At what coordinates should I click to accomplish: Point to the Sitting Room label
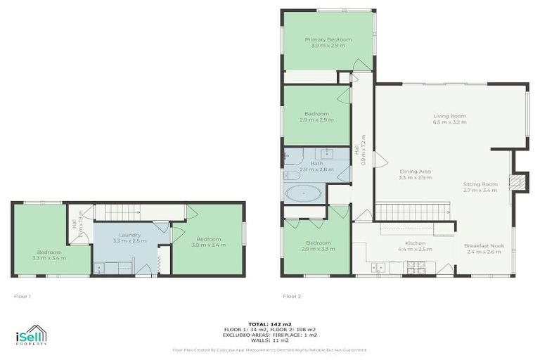480,186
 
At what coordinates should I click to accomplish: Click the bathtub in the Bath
304,193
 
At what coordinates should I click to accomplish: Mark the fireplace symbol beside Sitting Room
517,181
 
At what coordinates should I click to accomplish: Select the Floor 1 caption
22,296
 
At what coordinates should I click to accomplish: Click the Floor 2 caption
291,296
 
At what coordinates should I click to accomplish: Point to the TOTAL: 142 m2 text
270,323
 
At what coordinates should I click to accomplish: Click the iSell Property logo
31,335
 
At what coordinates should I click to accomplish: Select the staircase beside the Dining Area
412,210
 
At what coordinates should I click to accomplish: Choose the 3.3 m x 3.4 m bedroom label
49,255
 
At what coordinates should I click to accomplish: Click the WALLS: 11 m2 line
270,340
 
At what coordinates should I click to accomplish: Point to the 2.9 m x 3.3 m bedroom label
318,246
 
